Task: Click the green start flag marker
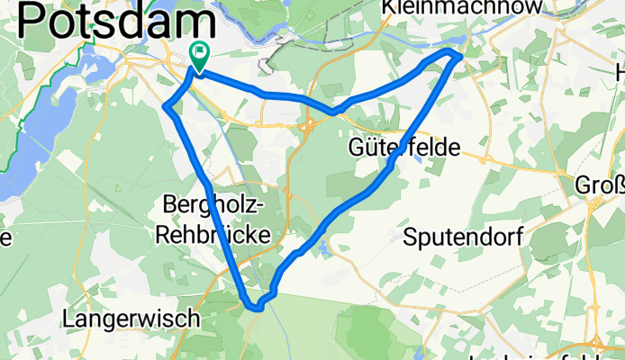point(197,55)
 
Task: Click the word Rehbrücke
point(213,233)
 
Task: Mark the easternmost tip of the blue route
point(461,56)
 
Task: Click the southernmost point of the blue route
point(257,307)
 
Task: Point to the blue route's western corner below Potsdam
point(166,108)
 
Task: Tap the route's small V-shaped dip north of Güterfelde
point(333,112)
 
